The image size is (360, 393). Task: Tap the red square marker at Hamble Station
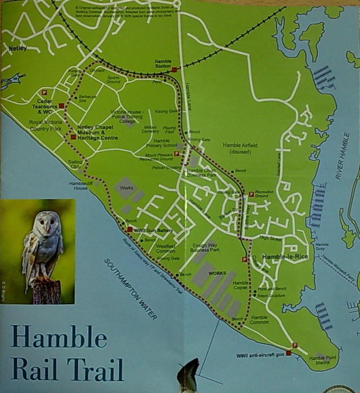coord(174,70)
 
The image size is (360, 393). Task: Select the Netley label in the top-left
coord(18,49)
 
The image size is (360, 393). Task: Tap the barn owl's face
coord(45,224)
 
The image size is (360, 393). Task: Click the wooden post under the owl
coord(46,291)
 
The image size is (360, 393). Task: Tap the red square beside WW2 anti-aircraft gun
coord(288,353)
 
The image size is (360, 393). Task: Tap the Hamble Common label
coord(258,320)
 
